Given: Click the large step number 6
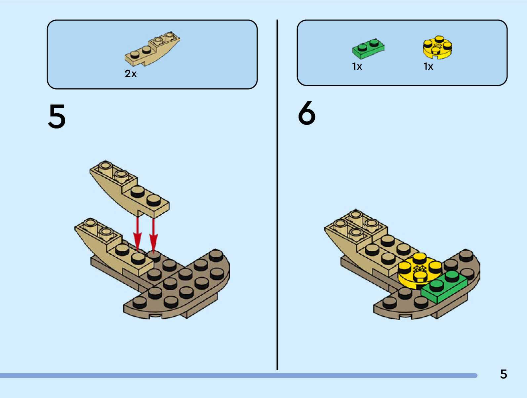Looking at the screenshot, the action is coord(307,113).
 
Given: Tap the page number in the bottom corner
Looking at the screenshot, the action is coord(503,374).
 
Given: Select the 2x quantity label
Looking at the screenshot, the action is coord(131,74).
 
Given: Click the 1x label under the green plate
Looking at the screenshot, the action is coord(357,67).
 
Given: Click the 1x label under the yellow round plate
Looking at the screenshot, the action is coord(428,67).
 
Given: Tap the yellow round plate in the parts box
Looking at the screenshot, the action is coord(437,47).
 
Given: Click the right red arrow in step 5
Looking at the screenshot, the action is coord(153,235).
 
